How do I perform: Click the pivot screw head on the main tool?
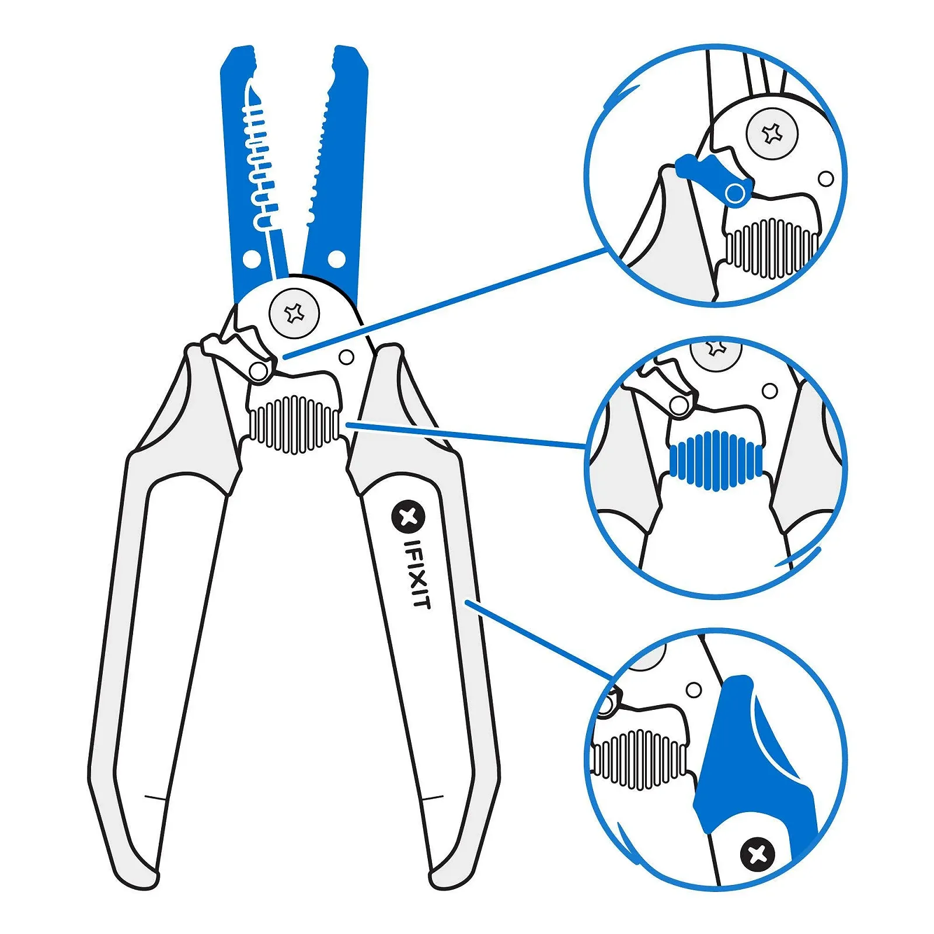[x=294, y=313]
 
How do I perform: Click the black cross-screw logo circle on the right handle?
[x=408, y=517]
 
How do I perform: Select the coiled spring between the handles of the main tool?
[x=294, y=424]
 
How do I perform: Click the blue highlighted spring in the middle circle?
[x=716, y=460]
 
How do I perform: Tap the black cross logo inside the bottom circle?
[x=757, y=855]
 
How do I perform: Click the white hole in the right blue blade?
[x=336, y=259]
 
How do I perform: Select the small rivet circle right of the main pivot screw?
[x=346, y=357]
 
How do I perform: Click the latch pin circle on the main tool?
[x=258, y=371]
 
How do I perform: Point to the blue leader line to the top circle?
[x=444, y=302]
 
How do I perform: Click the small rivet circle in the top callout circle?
[x=825, y=179]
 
